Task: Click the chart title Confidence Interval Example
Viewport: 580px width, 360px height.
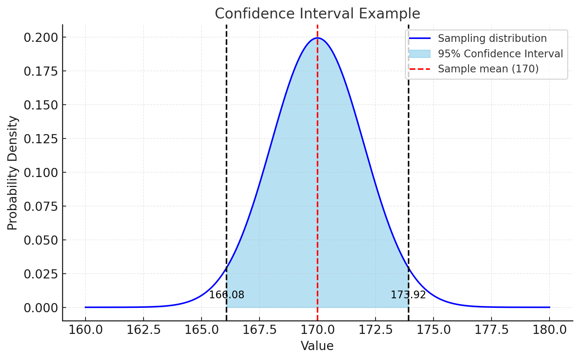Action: click(317, 14)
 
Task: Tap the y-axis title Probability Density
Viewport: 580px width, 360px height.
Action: click(12, 173)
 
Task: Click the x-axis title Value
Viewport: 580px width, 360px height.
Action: click(317, 346)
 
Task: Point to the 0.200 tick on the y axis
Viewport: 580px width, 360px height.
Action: click(41, 37)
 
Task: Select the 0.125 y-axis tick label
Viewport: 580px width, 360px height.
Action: click(41, 139)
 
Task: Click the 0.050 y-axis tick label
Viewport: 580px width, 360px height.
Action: click(41, 240)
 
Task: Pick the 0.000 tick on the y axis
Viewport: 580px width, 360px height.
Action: click(41, 308)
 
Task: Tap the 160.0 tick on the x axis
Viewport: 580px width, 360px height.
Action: click(86, 330)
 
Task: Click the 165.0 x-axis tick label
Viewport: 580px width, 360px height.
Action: click(202, 330)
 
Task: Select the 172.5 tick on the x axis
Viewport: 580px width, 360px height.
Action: click(376, 330)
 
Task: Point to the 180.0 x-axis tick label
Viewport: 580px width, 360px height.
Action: click(550, 330)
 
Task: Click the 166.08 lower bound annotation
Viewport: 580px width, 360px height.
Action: click(226, 295)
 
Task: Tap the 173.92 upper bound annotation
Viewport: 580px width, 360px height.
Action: click(408, 295)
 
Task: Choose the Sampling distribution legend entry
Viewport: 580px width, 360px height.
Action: click(492, 39)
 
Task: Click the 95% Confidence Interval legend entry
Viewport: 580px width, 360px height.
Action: click(500, 54)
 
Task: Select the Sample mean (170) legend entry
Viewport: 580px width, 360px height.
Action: click(488, 69)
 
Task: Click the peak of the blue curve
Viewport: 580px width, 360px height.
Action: click(317, 38)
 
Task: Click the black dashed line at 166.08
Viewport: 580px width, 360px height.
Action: click(226, 147)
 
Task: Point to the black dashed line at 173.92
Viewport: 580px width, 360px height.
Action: click(409, 147)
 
